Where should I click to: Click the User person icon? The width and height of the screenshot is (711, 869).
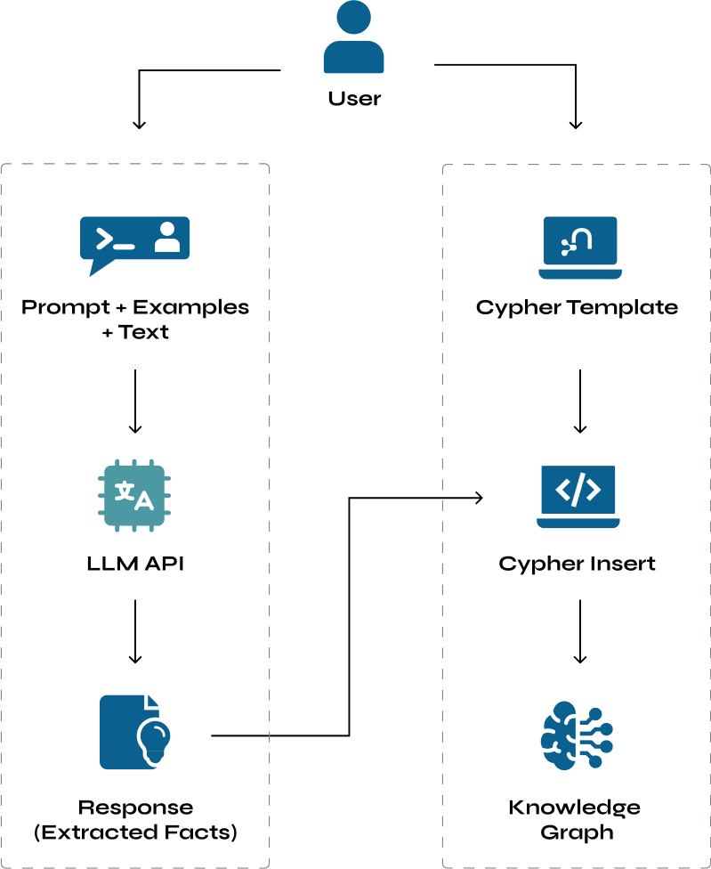[x=354, y=37]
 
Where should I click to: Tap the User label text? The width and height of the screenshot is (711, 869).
[x=354, y=99]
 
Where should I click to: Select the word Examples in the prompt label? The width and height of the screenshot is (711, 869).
[x=191, y=307]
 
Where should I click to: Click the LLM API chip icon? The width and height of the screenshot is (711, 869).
[x=134, y=495]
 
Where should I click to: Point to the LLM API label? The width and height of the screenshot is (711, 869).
[x=135, y=564]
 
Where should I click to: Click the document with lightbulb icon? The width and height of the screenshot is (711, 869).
[x=135, y=732]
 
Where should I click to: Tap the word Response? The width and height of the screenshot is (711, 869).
[x=135, y=808]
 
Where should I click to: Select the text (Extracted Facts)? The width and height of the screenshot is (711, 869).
[x=135, y=832]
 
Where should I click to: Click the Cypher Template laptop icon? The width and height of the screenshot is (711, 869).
[x=580, y=248]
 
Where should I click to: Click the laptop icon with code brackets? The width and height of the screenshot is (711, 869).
[x=578, y=497]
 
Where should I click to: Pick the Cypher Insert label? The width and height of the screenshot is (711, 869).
[x=577, y=564]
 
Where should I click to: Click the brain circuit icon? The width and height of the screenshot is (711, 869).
[x=577, y=735]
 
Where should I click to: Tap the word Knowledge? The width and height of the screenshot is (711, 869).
[x=575, y=808]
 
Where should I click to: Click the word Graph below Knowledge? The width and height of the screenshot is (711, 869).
[x=577, y=832]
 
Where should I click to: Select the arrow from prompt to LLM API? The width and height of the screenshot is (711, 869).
[x=135, y=402]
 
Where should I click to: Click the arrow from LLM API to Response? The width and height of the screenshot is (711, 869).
[x=135, y=631]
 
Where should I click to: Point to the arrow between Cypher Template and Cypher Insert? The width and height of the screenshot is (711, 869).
[x=580, y=402]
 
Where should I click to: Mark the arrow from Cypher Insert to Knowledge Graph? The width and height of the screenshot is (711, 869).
[x=580, y=631]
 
